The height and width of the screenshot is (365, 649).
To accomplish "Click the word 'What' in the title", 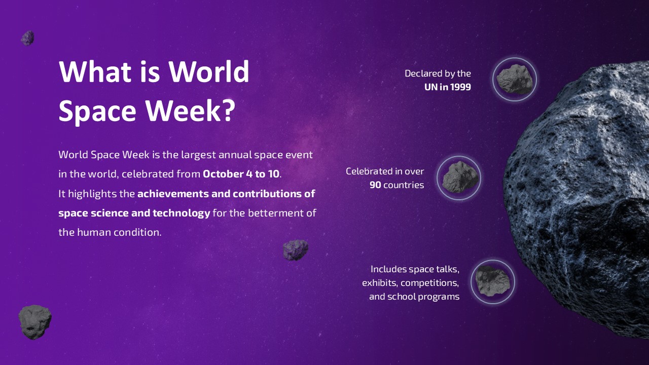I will (x=95, y=71).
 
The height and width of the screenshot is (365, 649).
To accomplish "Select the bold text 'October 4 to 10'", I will (x=241, y=174).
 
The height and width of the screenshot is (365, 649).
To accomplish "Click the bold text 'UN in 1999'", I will (x=447, y=87).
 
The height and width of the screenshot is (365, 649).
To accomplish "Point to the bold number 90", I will (x=375, y=185).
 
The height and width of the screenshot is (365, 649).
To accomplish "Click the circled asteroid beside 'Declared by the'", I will (x=514, y=79).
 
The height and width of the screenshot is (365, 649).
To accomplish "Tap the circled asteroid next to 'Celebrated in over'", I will (x=459, y=177).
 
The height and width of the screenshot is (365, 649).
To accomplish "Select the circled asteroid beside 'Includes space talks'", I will (x=492, y=282).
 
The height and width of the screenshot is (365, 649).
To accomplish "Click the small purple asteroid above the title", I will (x=27, y=38).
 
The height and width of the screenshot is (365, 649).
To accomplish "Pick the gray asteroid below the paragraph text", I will (x=34, y=321).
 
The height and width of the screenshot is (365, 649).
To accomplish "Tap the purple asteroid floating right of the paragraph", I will (x=296, y=250).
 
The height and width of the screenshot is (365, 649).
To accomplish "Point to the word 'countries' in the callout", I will (x=404, y=185).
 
